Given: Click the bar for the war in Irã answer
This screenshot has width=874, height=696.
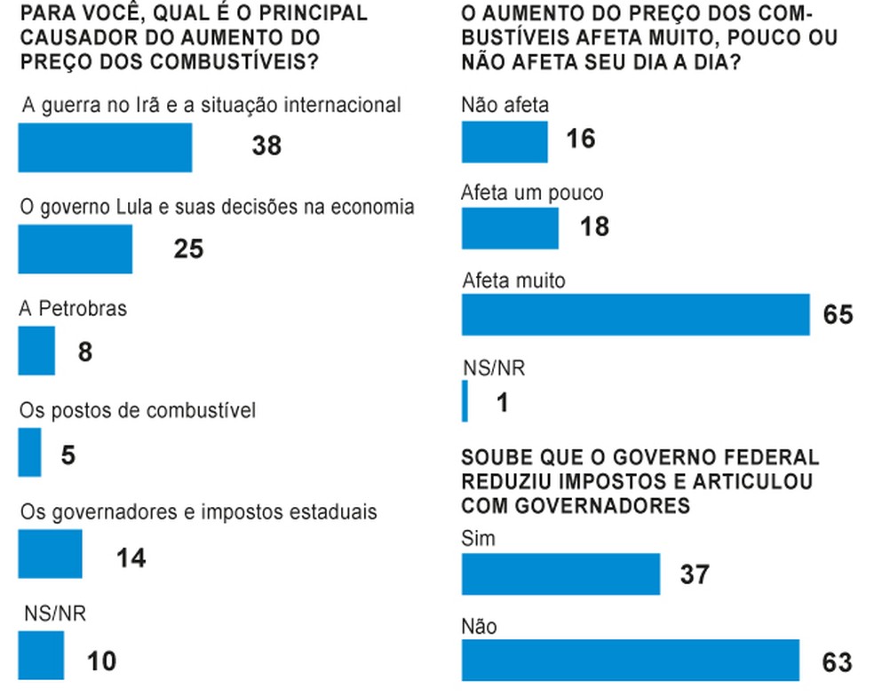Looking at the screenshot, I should pyautogui.click(x=105, y=146).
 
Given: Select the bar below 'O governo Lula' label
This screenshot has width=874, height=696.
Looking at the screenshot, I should pyautogui.click(x=75, y=249).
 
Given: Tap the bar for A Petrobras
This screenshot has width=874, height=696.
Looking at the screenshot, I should pyautogui.click(x=36, y=351).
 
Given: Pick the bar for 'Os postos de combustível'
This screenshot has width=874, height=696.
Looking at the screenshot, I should pyautogui.click(x=29, y=453).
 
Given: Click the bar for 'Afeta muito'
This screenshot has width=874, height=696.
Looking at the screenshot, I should pyautogui.click(x=635, y=314).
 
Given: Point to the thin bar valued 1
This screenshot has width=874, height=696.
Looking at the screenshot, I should pyautogui.click(x=465, y=401).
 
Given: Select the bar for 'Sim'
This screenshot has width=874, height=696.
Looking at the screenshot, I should pyautogui.click(x=560, y=573).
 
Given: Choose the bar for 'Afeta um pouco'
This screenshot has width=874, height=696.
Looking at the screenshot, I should pyautogui.click(x=510, y=228).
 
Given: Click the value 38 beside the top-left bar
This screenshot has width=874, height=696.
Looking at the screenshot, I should pyautogui.click(x=266, y=146).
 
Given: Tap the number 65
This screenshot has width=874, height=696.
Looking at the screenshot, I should pyautogui.click(x=837, y=314).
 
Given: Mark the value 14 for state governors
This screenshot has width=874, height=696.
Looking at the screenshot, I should pyautogui.click(x=131, y=558).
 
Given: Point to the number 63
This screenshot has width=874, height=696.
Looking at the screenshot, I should pyautogui.click(x=837, y=661).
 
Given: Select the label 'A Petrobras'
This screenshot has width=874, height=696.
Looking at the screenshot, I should pyautogui.click(x=73, y=309).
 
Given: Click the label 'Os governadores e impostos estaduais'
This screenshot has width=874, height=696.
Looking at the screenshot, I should pyautogui.click(x=199, y=512).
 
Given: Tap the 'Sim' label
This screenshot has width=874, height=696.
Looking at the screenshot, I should pyautogui.click(x=479, y=538).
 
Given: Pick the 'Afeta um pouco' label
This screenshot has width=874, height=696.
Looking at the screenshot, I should pyautogui.click(x=532, y=194).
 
